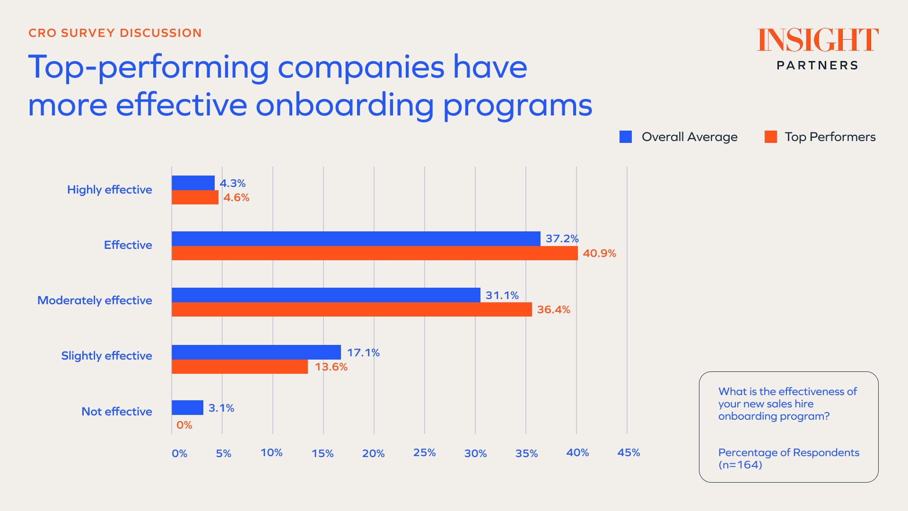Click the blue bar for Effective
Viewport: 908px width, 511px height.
pos(356,238)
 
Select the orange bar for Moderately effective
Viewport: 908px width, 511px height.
pos(351,309)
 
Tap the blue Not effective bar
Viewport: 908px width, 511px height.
pos(187,407)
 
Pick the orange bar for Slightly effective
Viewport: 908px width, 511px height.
pos(239,367)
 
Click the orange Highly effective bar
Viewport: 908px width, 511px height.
pos(195,197)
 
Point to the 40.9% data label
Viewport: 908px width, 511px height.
pos(599,253)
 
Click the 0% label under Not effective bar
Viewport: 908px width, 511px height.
pos(184,425)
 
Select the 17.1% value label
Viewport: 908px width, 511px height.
pos(363,352)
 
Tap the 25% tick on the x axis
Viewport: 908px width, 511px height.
pos(424,453)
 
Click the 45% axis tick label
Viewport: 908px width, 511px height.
pos(629,453)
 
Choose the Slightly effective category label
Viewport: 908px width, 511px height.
pos(106,356)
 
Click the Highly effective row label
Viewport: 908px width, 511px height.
pos(109,190)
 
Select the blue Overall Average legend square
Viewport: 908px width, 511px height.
pos(626,137)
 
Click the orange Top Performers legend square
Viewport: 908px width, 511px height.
pos(771,137)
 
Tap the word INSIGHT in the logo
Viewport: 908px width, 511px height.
pos(818,40)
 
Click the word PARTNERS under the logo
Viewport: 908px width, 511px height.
pos(817,65)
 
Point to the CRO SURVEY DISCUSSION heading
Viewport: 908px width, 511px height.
pos(115,33)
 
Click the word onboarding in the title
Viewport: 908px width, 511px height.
pos(345,105)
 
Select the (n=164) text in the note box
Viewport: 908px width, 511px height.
pos(740,465)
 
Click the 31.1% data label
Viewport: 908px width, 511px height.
pos(502,295)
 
